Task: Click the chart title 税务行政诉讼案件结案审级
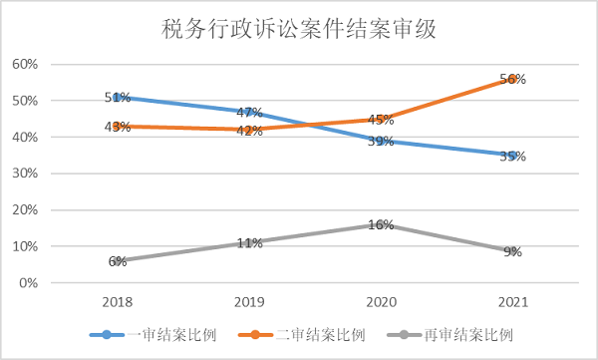299,29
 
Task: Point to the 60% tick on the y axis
24,64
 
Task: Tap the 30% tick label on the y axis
24,174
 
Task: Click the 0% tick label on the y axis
27,283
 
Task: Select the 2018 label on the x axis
118,301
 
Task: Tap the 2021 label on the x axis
513,301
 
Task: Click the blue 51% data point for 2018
118,97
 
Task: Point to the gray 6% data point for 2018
118,261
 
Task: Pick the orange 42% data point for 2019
249,130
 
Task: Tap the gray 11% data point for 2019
249,242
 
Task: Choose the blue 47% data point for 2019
249,112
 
